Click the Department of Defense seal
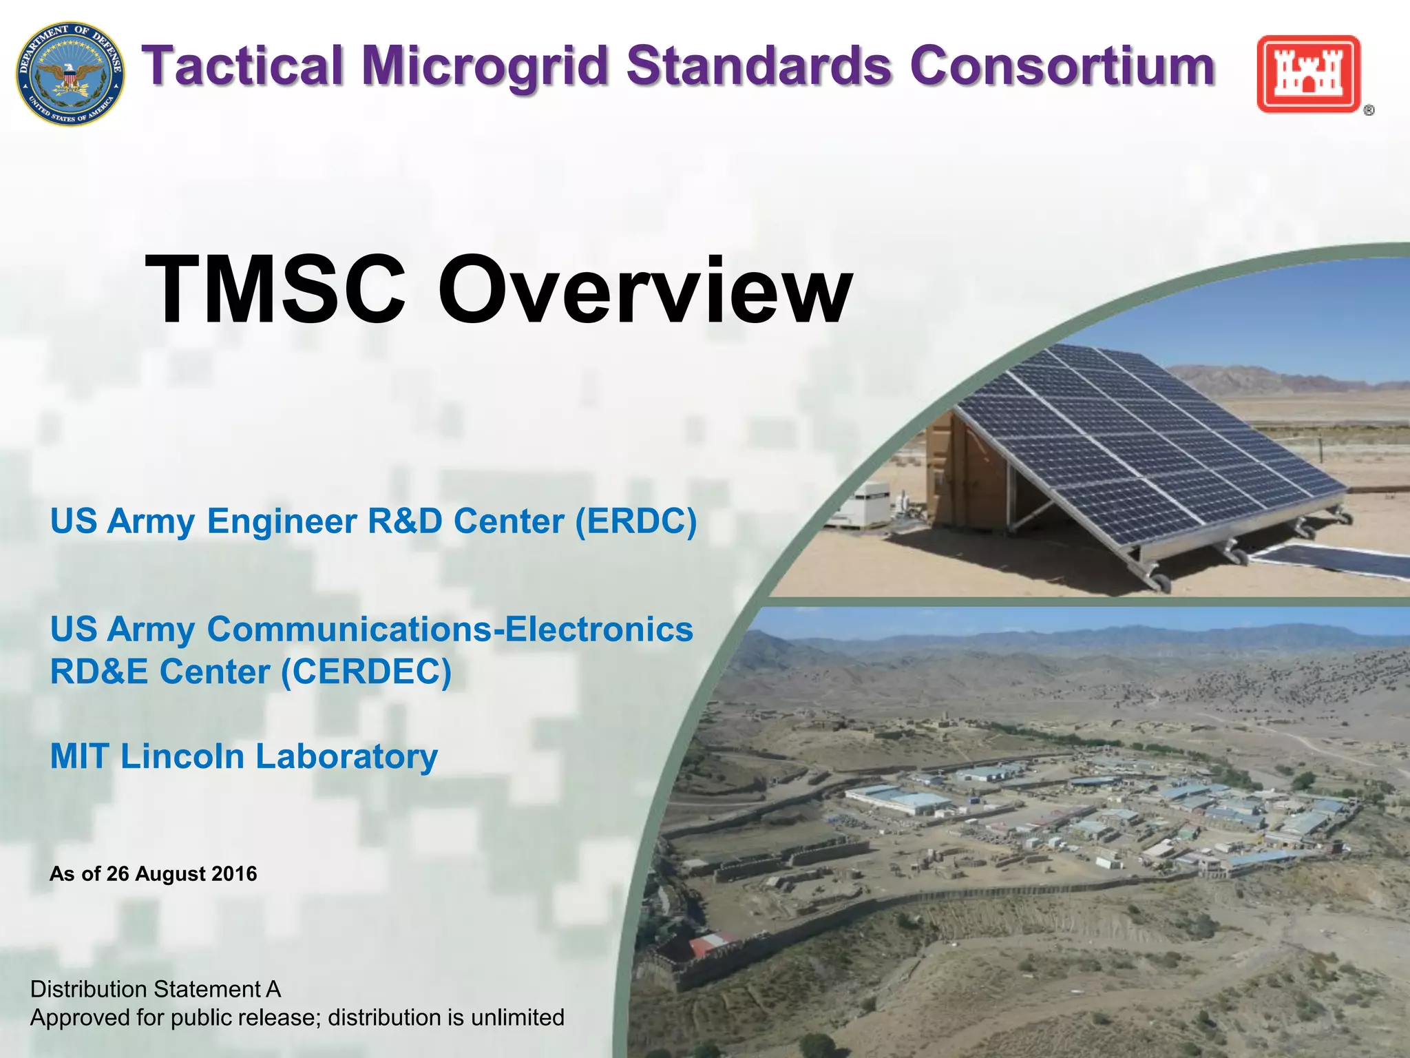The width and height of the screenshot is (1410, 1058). click(71, 73)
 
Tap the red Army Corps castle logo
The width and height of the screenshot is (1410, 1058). click(1308, 74)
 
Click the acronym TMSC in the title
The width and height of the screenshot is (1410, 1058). click(275, 289)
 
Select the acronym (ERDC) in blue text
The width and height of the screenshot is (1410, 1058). click(635, 521)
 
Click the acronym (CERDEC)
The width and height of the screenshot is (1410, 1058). click(366, 672)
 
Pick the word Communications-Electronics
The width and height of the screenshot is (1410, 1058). click(450, 630)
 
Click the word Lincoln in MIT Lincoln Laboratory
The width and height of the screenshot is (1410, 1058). click(182, 756)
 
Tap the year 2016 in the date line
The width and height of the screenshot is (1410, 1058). click(234, 874)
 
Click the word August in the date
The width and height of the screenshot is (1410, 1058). click(169, 874)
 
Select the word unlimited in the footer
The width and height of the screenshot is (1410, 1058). click(518, 1017)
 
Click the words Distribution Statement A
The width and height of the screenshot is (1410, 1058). click(156, 989)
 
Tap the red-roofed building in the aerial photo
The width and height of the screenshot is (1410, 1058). click(711, 943)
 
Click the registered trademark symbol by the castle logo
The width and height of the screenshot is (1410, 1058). click(1369, 110)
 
